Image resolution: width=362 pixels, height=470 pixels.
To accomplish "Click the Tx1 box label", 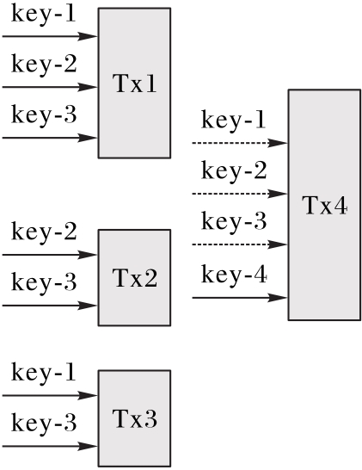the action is [x=134, y=83].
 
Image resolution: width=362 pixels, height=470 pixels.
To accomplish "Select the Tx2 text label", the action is [x=134, y=278].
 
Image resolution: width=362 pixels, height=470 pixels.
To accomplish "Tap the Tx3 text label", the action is [x=134, y=418].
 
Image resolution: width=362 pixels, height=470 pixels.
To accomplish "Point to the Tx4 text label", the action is [x=325, y=206].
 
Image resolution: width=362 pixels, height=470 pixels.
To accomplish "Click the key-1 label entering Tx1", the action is [x=43, y=13].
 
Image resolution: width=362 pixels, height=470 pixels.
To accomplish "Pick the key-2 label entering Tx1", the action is [x=44, y=64].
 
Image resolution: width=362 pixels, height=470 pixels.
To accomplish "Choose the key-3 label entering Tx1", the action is [x=44, y=114].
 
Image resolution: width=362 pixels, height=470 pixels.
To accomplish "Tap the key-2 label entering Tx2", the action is [x=44, y=231].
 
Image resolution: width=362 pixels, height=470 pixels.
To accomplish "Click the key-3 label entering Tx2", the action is [x=44, y=281].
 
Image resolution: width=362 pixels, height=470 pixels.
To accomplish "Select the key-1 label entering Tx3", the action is [x=43, y=372].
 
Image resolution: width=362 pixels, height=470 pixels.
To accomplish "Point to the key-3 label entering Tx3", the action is [x=44, y=423].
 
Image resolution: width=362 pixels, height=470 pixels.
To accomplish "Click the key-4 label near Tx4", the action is [x=234, y=275].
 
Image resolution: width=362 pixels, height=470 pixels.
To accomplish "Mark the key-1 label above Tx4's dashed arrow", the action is [x=233, y=120].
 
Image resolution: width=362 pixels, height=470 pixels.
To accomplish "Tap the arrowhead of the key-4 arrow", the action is [x=278, y=298].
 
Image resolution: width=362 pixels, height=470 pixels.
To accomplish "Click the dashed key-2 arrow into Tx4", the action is [x=240, y=194].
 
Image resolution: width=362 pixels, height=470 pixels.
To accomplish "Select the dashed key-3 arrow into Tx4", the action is [x=240, y=244].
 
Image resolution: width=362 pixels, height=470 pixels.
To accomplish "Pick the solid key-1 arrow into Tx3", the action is [x=50, y=395].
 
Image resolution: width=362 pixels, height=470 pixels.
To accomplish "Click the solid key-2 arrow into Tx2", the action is [x=50, y=255].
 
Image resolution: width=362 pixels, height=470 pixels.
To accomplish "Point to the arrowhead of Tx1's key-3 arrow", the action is [x=88, y=138].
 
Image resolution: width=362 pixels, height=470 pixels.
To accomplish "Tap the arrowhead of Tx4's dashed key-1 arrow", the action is [x=278, y=143].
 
